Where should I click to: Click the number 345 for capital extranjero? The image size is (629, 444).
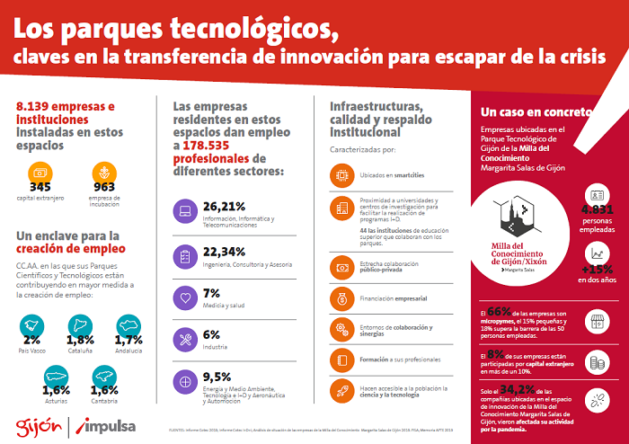click(40, 187)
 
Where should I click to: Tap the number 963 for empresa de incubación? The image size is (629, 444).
click(105, 187)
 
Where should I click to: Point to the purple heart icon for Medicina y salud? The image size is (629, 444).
click(185, 297)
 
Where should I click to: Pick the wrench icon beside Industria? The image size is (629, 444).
click(185, 339)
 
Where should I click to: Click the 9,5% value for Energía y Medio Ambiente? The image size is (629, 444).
click(217, 377)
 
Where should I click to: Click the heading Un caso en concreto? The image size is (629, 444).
click(536, 112)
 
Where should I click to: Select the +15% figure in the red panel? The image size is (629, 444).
click(598, 268)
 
